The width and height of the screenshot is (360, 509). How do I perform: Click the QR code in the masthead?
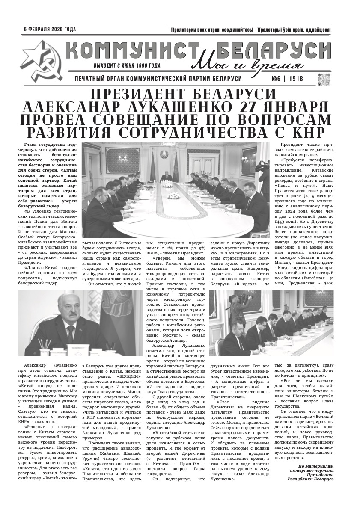(325, 80)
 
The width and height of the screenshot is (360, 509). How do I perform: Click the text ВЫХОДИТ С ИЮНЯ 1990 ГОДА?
(127, 66)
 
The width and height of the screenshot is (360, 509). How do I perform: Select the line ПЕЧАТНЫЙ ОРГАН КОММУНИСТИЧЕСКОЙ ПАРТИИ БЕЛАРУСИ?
(158, 79)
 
